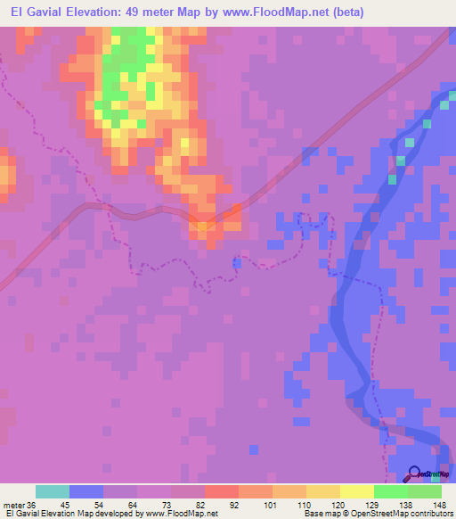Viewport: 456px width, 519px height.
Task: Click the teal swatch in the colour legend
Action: click(52, 491)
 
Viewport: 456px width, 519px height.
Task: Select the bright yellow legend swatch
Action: click(356, 491)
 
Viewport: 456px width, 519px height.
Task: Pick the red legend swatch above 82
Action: click(221, 491)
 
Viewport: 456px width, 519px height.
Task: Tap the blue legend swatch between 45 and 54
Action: click(85, 491)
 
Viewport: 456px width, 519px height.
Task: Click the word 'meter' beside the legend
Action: click(13, 505)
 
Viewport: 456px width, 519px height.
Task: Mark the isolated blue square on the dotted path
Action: click(237, 261)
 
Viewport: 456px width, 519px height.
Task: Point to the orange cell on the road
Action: click(203, 227)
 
